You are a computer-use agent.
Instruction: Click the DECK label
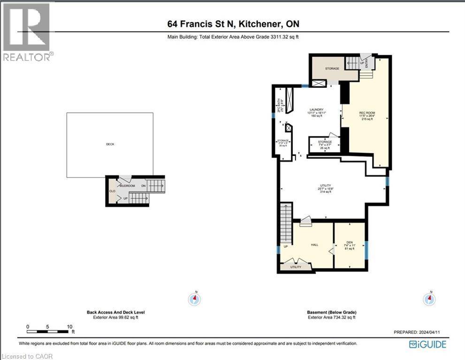[109, 144]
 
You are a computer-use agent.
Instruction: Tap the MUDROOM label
[127, 186]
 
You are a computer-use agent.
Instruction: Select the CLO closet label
[112, 191]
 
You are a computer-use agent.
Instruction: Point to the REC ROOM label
[366, 112]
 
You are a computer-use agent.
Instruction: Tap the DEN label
[350, 242]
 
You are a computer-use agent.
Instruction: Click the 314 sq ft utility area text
[326, 192]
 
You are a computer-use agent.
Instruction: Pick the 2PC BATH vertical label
[278, 104]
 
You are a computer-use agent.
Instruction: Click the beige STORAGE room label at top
[332, 69]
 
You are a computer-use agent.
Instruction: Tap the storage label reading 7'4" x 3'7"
[325, 145]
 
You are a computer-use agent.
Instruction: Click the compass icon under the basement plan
[429, 299]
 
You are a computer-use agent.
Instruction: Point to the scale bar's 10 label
[69, 327]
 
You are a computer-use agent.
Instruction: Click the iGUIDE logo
[427, 345]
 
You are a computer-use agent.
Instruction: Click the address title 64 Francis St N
[234, 23]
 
